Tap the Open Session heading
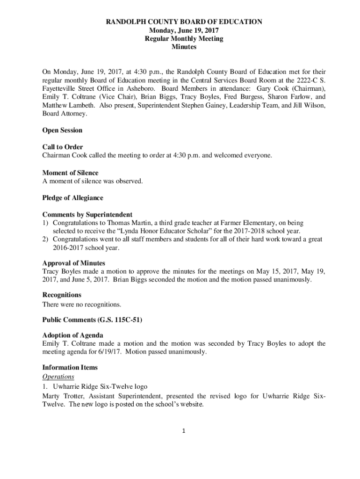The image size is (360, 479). click(62, 130)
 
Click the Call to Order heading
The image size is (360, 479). click(63, 147)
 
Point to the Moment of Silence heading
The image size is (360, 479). click(70, 173)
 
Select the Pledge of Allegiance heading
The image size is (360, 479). click(72, 198)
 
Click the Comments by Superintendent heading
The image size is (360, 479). click(87, 215)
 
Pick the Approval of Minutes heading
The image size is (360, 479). click(73, 263)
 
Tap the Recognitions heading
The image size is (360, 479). click(62, 295)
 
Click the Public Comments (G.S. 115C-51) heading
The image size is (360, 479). click(92, 320)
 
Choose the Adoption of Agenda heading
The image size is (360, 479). click(72, 335)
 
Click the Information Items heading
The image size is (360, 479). click(70, 367)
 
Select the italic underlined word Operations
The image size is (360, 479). click(58, 377)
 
